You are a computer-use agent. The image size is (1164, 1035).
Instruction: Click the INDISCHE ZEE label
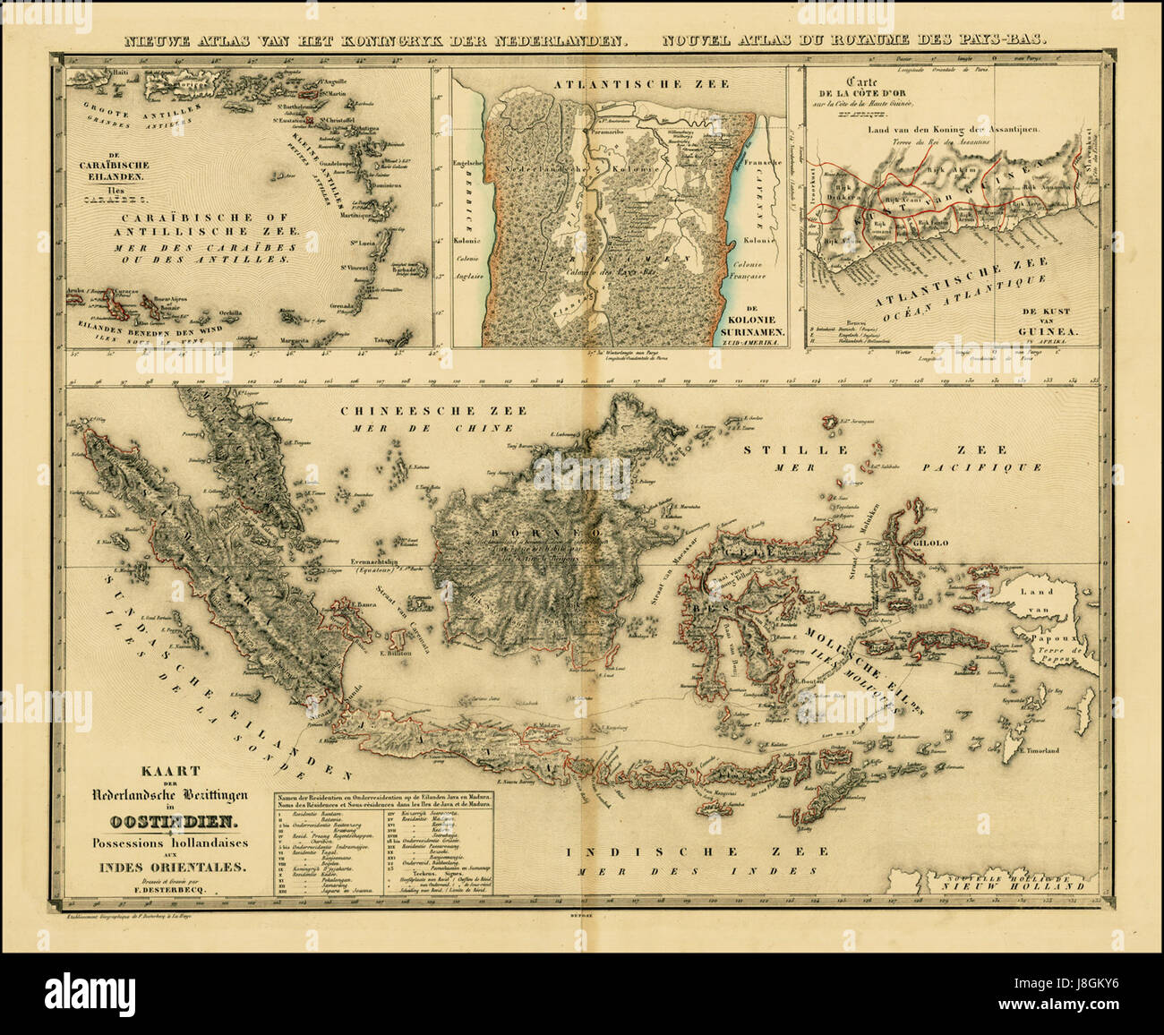click(655, 853)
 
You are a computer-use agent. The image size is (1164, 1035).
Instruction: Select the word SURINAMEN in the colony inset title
click(749, 331)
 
